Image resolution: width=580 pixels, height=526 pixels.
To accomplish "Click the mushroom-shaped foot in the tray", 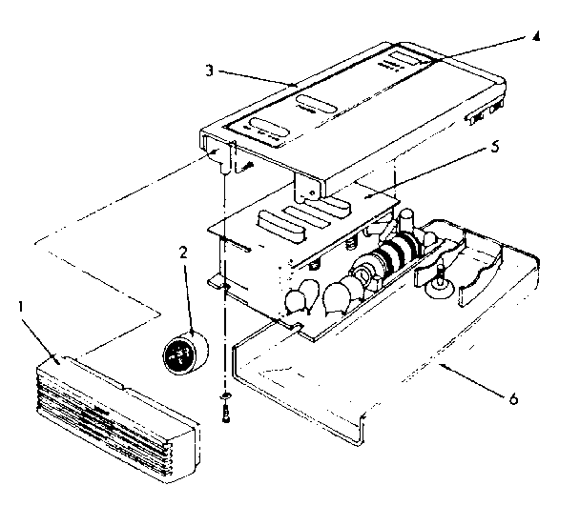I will (x=441, y=279).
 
